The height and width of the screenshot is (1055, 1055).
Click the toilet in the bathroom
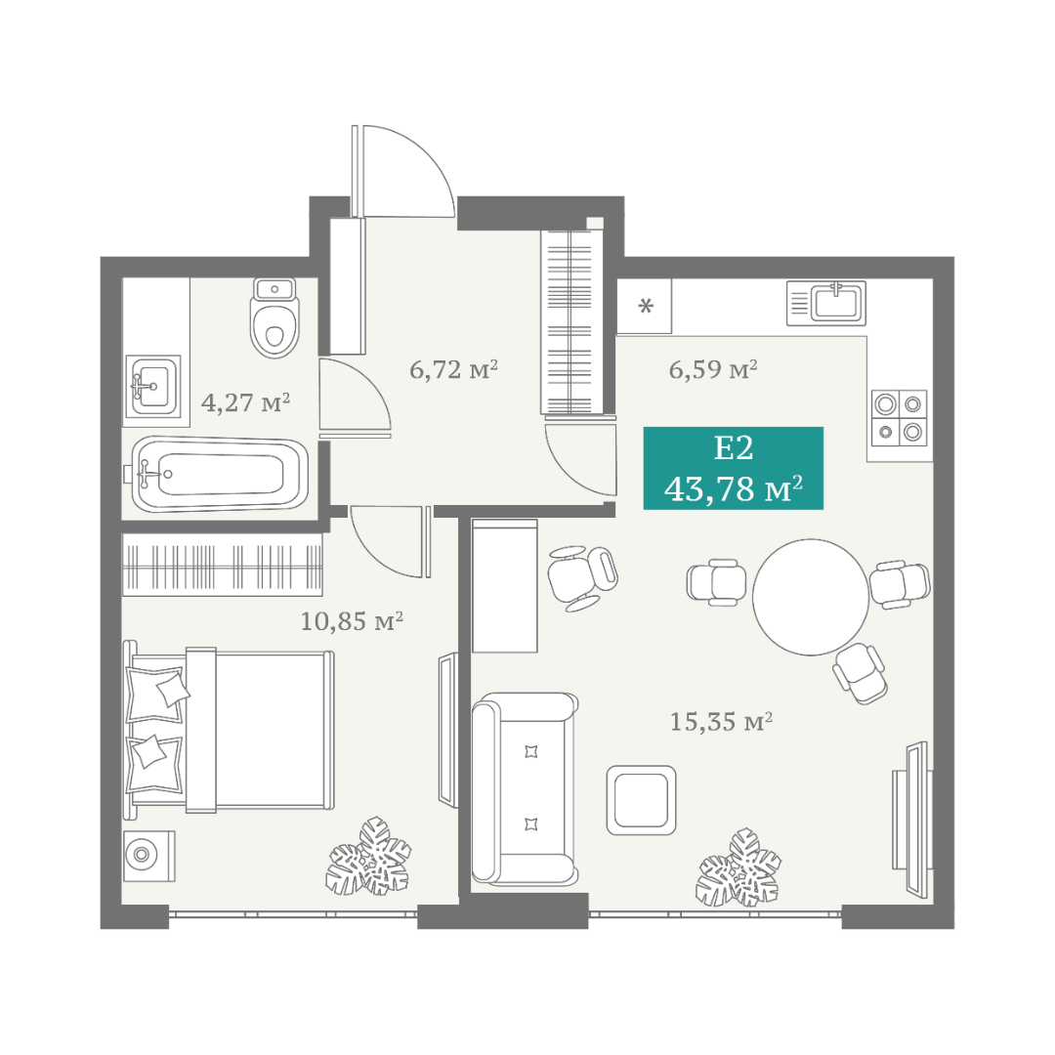tap(274, 317)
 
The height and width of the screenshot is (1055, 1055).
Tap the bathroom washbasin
tap(154, 387)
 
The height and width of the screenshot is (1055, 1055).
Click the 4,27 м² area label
tap(245, 402)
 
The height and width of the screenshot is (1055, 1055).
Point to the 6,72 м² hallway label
tap(454, 369)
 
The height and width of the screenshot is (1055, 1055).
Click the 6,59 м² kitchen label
tap(713, 368)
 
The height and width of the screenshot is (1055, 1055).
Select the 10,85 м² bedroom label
tap(352, 620)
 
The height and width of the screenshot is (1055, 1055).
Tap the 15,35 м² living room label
tap(721, 721)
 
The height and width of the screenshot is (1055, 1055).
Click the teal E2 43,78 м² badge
tap(734, 468)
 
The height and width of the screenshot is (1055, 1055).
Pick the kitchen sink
tap(826, 303)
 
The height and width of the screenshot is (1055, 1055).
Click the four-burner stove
tap(899, 418)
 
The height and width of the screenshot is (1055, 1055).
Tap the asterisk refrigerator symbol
tap(646, 307)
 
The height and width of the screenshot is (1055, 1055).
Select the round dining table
tap(811, 597)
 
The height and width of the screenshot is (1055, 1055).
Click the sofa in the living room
tap(525, 788)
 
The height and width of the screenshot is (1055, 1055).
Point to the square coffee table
tap(641, 800)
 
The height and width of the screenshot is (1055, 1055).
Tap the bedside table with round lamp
tap(149, 856)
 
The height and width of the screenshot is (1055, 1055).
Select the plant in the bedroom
tap(368, 857)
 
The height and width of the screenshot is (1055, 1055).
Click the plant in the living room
tap(738, 867)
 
